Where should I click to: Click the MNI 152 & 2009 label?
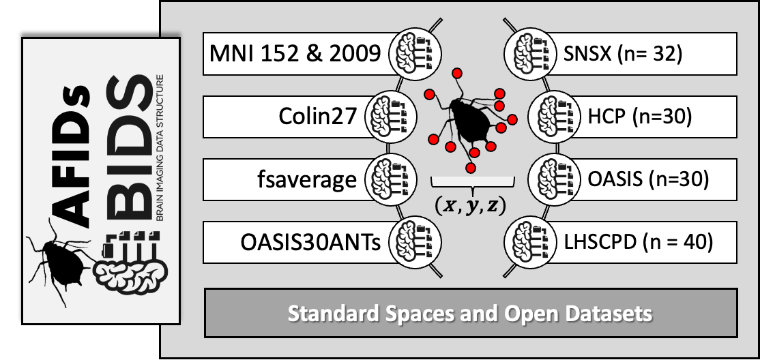pos(295,53)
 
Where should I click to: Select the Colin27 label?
pos(318,117)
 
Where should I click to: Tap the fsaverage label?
pos(307,179)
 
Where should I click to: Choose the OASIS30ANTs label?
pos(310,242)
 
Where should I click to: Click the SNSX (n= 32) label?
pos(623,53)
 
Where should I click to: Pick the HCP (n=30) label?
pos(640,117)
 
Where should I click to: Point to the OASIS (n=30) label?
pos(648,179)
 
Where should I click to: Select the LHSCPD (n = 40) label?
pos(639,242)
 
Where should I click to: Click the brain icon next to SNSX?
pos(527,53)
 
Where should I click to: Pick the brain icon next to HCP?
pos(552,117)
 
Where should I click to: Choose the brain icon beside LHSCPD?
pos(527,242)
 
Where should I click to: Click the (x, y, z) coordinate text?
pos(470,207)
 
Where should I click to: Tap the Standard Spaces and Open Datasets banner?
pos(471,313)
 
